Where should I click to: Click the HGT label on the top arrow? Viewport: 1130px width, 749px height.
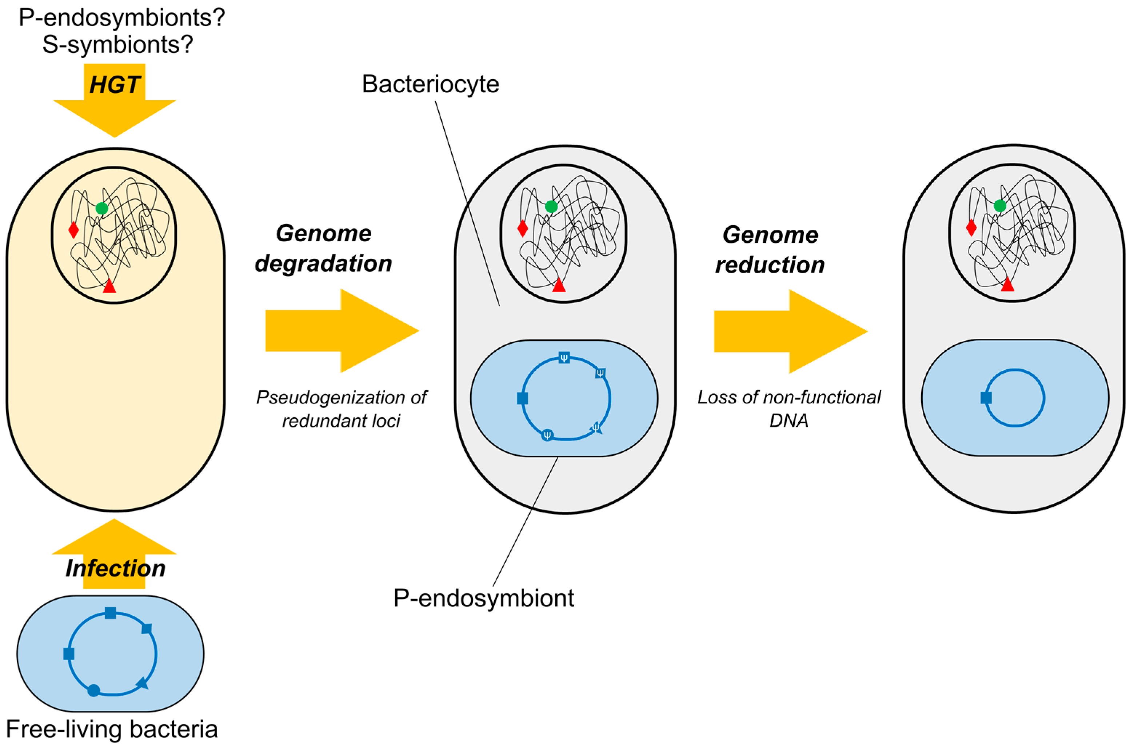point(115,85)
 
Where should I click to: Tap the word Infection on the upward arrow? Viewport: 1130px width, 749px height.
point(115,568)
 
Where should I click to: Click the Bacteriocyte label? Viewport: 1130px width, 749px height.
point(430,84)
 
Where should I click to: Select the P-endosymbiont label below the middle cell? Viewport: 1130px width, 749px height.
point(484,598)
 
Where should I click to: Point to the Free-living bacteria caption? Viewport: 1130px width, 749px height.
point(112,729)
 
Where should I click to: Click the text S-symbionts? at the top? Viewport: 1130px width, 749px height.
point(117,44)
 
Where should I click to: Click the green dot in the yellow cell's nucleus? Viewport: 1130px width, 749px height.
point(101,208)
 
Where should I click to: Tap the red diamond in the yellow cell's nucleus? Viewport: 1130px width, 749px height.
point(73,230)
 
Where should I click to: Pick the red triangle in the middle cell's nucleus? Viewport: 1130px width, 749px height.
point(558,286)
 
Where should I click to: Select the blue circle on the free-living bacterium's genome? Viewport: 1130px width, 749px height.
point(94,690)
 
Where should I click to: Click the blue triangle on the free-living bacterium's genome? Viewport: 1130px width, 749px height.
point(143,683)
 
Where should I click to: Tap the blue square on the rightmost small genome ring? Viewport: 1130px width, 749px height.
point(986,398)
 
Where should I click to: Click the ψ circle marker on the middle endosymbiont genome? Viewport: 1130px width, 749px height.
point(547,435)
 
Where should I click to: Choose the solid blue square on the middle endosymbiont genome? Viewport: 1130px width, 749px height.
point(523,398)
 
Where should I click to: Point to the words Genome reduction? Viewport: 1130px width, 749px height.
point(770,249)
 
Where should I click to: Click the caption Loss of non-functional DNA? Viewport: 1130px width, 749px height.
point(789,409)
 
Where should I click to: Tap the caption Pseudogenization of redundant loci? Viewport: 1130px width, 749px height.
point(341,409)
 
